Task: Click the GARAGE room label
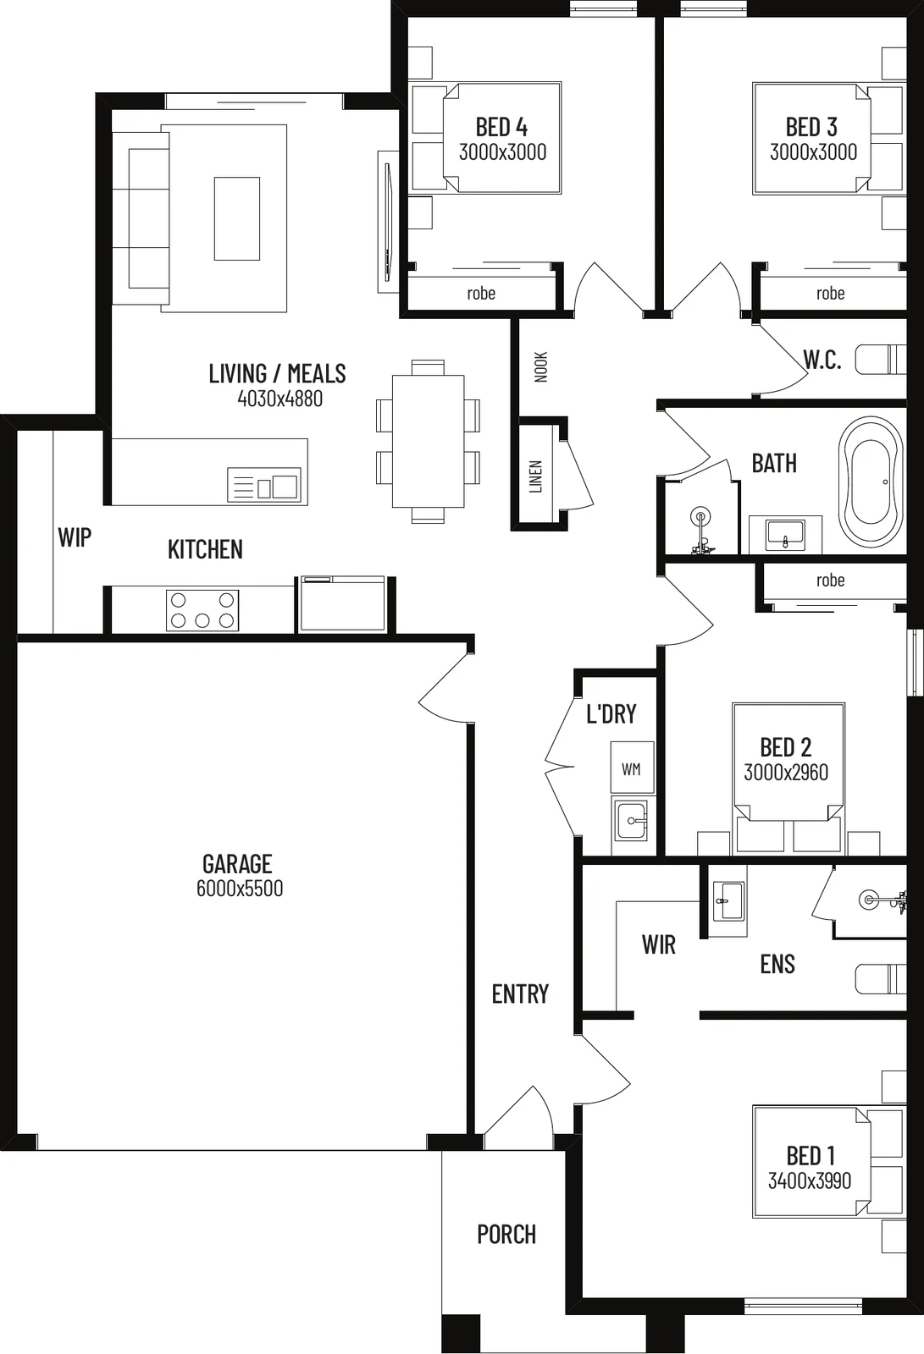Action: [237, 864]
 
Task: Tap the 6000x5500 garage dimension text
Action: [240, 889]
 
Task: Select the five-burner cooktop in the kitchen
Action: [202, 610]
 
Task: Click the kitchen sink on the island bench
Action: [264, 485]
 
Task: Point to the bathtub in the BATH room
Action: [870, 482]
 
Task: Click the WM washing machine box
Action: [632, 768]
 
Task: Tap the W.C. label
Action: [822, 360]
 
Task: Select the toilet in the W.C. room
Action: [881, 359]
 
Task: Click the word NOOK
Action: [541, 367]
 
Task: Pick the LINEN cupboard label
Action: [536, 477]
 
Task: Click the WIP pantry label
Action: [75, 537]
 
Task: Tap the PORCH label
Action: [506, 1235]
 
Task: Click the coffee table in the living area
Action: [237, 219]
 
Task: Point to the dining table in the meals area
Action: [429, 441]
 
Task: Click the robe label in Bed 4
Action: [481, 293]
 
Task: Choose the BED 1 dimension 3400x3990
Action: [810, 1181]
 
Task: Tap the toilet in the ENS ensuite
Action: [881, 978]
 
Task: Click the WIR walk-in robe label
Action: [658, 944]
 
